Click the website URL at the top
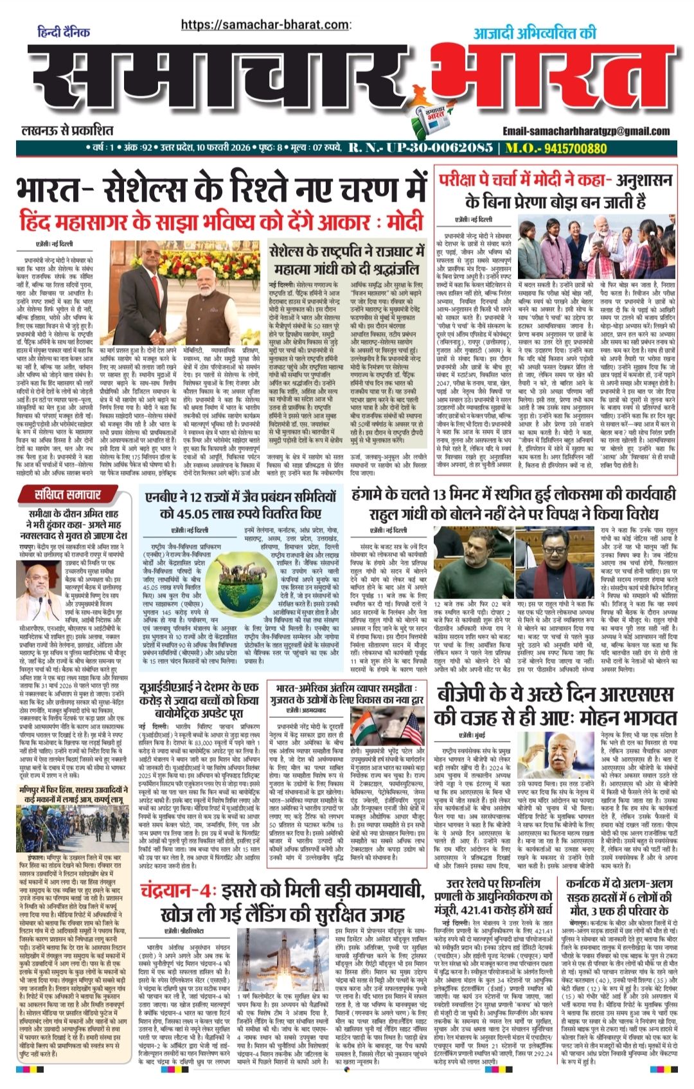[266, 24]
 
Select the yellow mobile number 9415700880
[565, 148]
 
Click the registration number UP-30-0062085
[421, 148]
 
